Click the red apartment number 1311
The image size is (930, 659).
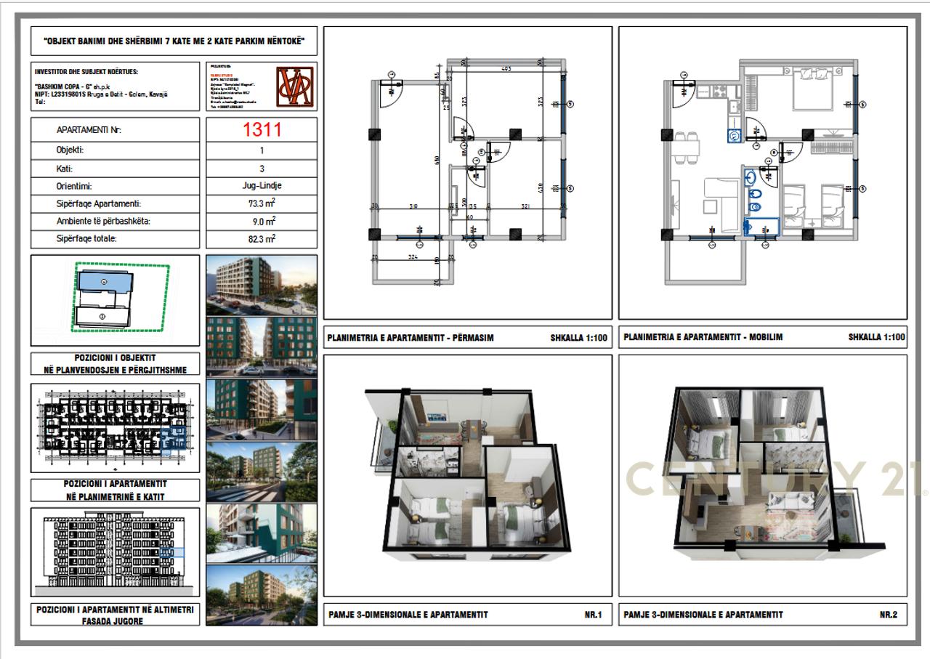[x=262, y=130]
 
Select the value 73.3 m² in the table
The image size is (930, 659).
[x=262, y=204]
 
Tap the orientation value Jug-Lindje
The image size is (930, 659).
[x=262, y=186]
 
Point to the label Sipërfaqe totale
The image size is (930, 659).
[x=92, y=238]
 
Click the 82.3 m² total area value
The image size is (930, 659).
[x=262, y=238]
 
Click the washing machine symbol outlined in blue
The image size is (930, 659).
[x=735, y=134]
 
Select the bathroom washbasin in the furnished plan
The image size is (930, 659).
[x=751, y=177]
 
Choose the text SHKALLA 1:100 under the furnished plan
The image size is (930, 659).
[x=876, y=337]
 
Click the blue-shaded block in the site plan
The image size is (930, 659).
[x=105, y=280]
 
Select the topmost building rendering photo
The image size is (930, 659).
[x=262, y=284]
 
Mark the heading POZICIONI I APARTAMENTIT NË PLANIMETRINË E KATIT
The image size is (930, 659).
[x=116, y=490]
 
